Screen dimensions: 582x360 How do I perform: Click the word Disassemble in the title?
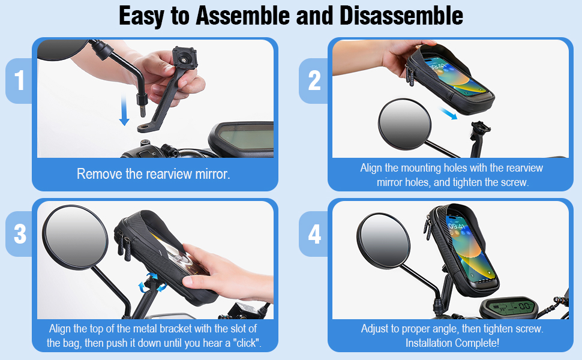(x=401, y=16)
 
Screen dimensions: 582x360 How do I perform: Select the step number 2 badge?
(x=314, y=80)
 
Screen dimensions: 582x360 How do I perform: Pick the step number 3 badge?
(x=20, y=234)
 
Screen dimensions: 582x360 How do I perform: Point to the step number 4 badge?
(x=314, y=234)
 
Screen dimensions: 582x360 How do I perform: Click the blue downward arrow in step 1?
(x=124, y=110)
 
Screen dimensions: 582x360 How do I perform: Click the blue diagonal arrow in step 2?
(x=448, y=113)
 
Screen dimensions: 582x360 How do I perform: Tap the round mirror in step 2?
(x=404, y=124)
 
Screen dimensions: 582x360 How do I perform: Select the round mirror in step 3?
(x=74, y=237)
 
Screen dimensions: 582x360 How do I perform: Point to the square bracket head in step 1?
(x=184, y=58)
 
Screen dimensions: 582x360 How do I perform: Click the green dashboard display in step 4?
(x=510, y=307)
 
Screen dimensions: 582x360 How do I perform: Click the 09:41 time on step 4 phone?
(x=456, y=226)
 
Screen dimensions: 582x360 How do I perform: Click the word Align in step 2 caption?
(x=371, y=168)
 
